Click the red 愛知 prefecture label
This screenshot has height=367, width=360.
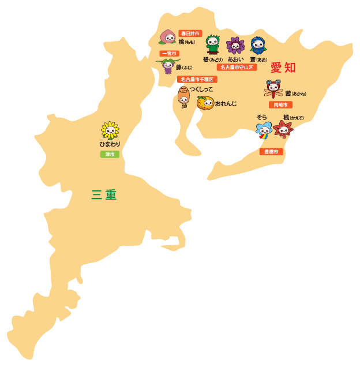pos(283,68)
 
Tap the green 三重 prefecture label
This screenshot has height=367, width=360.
pos(104,195)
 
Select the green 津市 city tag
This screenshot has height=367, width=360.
pos(110,154)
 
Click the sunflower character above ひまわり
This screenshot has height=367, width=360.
pos(110,130)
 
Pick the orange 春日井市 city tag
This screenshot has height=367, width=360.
pos(190,33)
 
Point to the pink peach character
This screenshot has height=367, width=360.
pos(168,37)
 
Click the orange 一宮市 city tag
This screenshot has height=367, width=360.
pos(169,54)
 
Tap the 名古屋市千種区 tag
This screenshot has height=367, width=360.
pos(197,79)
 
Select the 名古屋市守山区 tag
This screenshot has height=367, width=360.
pos(237,68)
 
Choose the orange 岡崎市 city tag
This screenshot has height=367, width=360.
pos(280,105)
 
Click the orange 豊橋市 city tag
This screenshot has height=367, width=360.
pos(271,152)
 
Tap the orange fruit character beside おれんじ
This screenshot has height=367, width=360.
pos(205,103)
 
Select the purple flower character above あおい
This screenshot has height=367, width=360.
pos(235,46)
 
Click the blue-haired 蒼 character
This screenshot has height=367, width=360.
pos(258,46)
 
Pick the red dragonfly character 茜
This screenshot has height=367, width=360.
pos(273,89)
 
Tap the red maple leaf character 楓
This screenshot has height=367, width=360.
pos(283,129)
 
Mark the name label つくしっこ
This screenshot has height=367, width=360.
pos(201,89)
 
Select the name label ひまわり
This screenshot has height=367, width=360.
pos(110,144)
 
